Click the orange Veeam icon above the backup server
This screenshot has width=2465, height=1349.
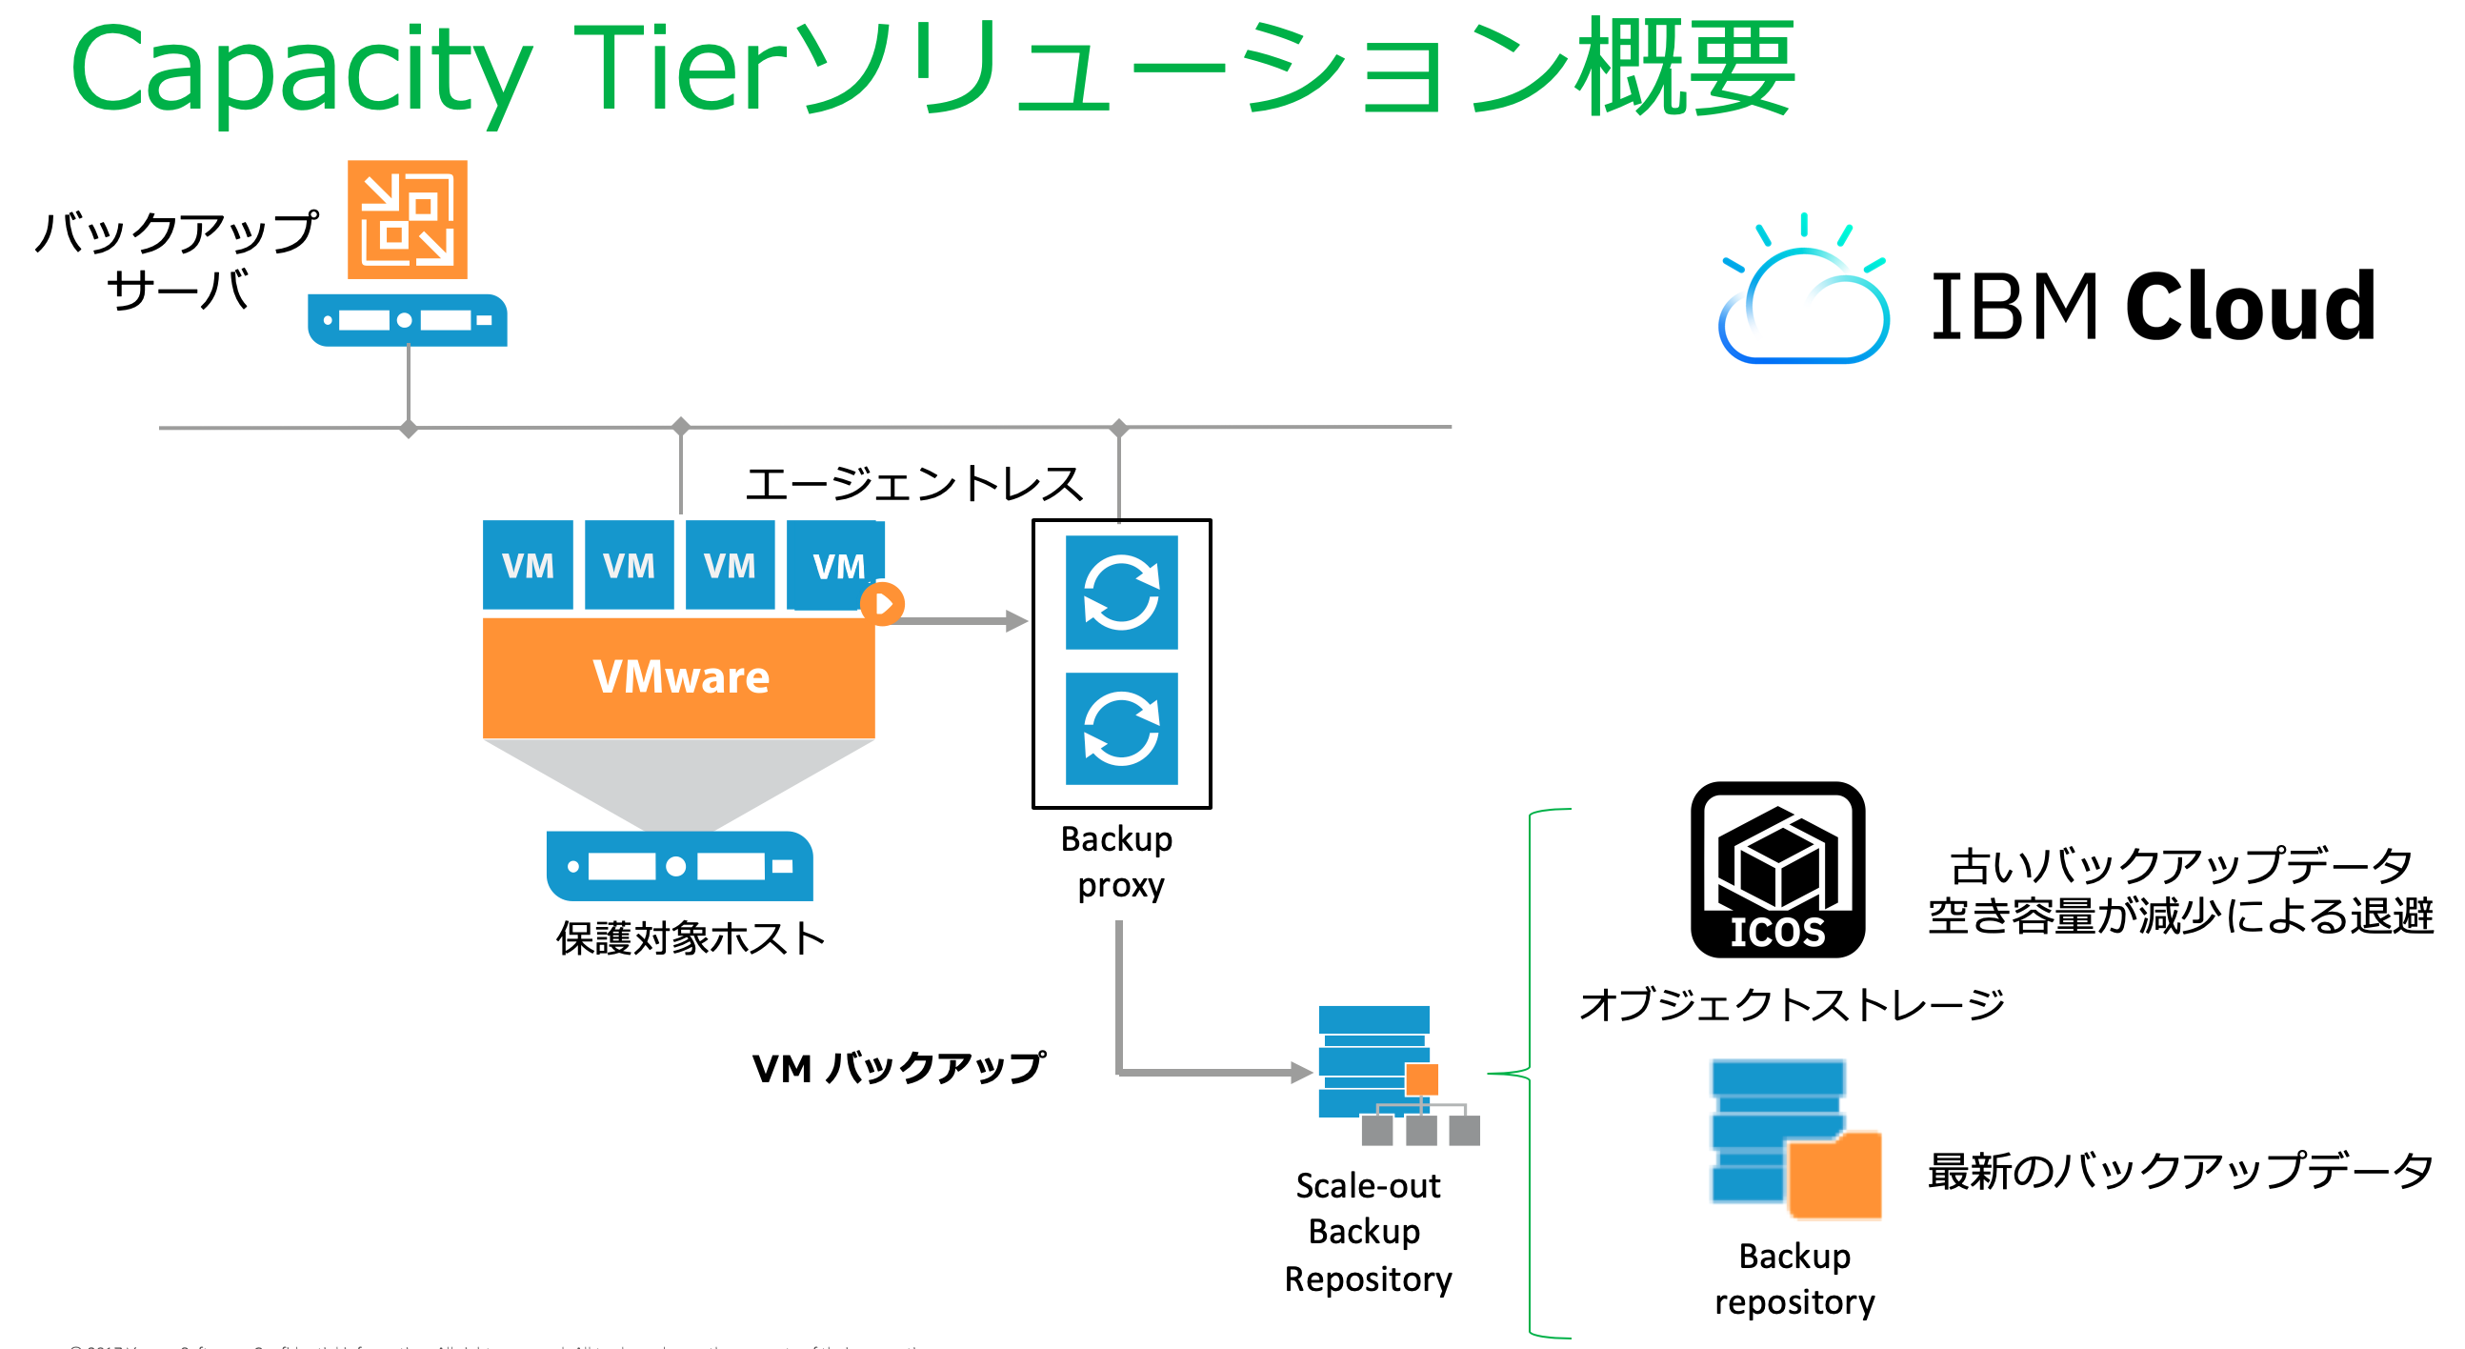(407, 219)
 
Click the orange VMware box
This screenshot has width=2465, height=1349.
(678, 677)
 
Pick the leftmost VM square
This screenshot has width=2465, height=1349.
(528, 565)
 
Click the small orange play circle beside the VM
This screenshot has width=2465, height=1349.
(882, 604)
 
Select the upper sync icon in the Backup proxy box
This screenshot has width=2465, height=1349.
(1120, 592)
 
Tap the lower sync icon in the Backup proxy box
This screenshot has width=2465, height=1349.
(1120, 729)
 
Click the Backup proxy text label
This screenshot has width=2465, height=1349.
(1117, 861)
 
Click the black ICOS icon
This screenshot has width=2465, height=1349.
(1777, 870)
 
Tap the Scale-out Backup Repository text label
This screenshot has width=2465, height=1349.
(1368, 1231)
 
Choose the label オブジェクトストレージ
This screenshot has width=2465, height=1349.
(1791, 1004)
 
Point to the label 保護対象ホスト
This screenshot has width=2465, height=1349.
(690, 938)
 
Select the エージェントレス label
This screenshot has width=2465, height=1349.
(913, 484)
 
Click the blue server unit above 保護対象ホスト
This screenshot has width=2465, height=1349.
(678, 866)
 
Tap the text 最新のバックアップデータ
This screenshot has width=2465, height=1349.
(2179, 1171)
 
